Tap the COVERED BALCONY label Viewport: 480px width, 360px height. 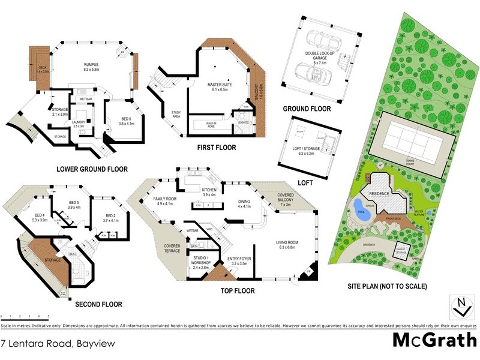[286, 199]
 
